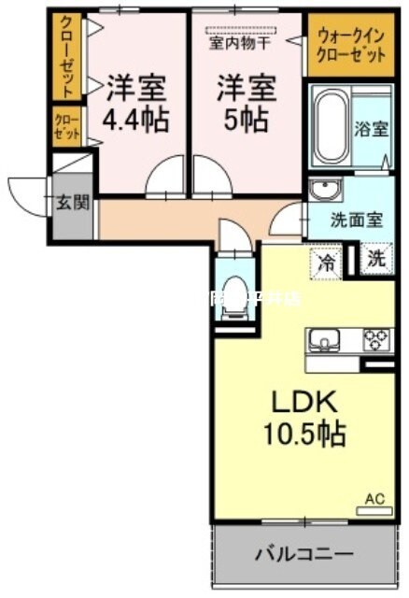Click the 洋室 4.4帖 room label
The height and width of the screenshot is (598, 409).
coord(136,103)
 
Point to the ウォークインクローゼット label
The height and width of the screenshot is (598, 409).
coord(351,47)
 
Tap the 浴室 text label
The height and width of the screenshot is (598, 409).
coord(370,129)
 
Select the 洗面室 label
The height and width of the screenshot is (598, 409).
coord(358,221)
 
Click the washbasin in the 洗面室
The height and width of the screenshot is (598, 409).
coord(326,191)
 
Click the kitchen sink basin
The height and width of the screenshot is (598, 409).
coord(327,338)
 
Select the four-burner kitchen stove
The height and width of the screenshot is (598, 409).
coord(376,338)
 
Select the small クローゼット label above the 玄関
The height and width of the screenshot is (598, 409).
coord(66,125)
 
